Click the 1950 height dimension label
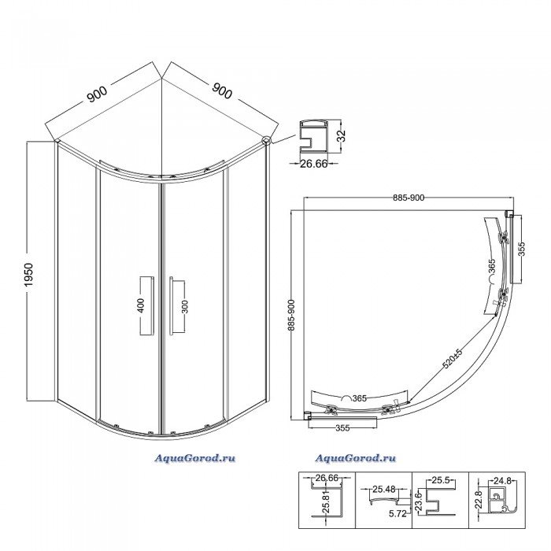coord(28,275)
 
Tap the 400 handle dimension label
coord(141,305)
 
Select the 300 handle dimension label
coord(185,306)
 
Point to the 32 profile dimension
coord(342,135)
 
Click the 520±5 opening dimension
coord(453,358)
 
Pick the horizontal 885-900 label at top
coord(409,198)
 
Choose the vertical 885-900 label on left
coord(291,315)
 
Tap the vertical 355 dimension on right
coord(521,250)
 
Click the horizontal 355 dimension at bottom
coord(342,428)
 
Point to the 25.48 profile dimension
coord(384,489)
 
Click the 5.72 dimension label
coord(398,514)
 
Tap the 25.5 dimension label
coord(441,480)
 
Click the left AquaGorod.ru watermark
coord(194,458)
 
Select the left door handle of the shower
coord(147,305)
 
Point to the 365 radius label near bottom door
coord(359,398)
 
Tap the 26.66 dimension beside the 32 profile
coord(314,164)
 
